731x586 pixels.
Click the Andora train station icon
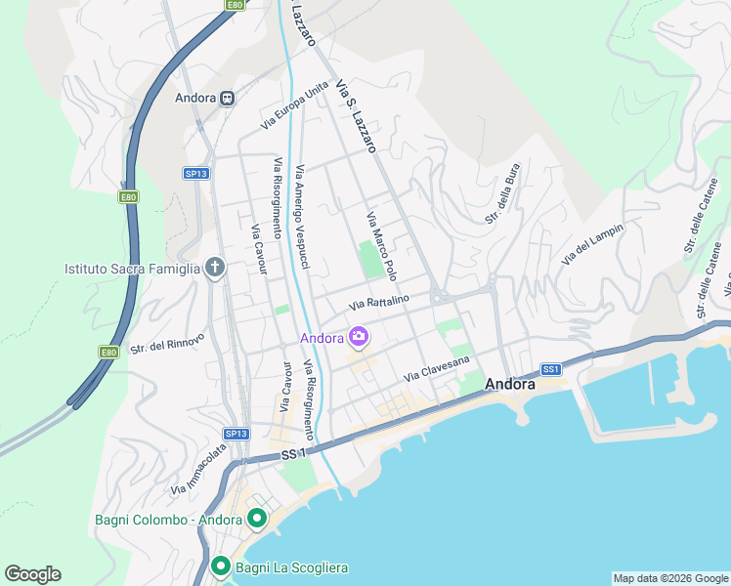(227, 98)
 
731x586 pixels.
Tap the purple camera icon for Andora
(359, 338)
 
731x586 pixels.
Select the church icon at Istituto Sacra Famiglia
(216, 268)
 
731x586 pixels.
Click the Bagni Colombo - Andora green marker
(257, 519)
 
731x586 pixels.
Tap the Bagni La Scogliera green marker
(221, 566)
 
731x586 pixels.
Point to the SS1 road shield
(552, 369)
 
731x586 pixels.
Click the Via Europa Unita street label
(295, 106)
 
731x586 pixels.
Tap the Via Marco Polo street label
(381, 246)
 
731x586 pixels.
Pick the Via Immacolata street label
(198, 469)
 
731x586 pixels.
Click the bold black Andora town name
(510, 385)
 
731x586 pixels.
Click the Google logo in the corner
(32, 574)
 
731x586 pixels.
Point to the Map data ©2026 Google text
(669, 578)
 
